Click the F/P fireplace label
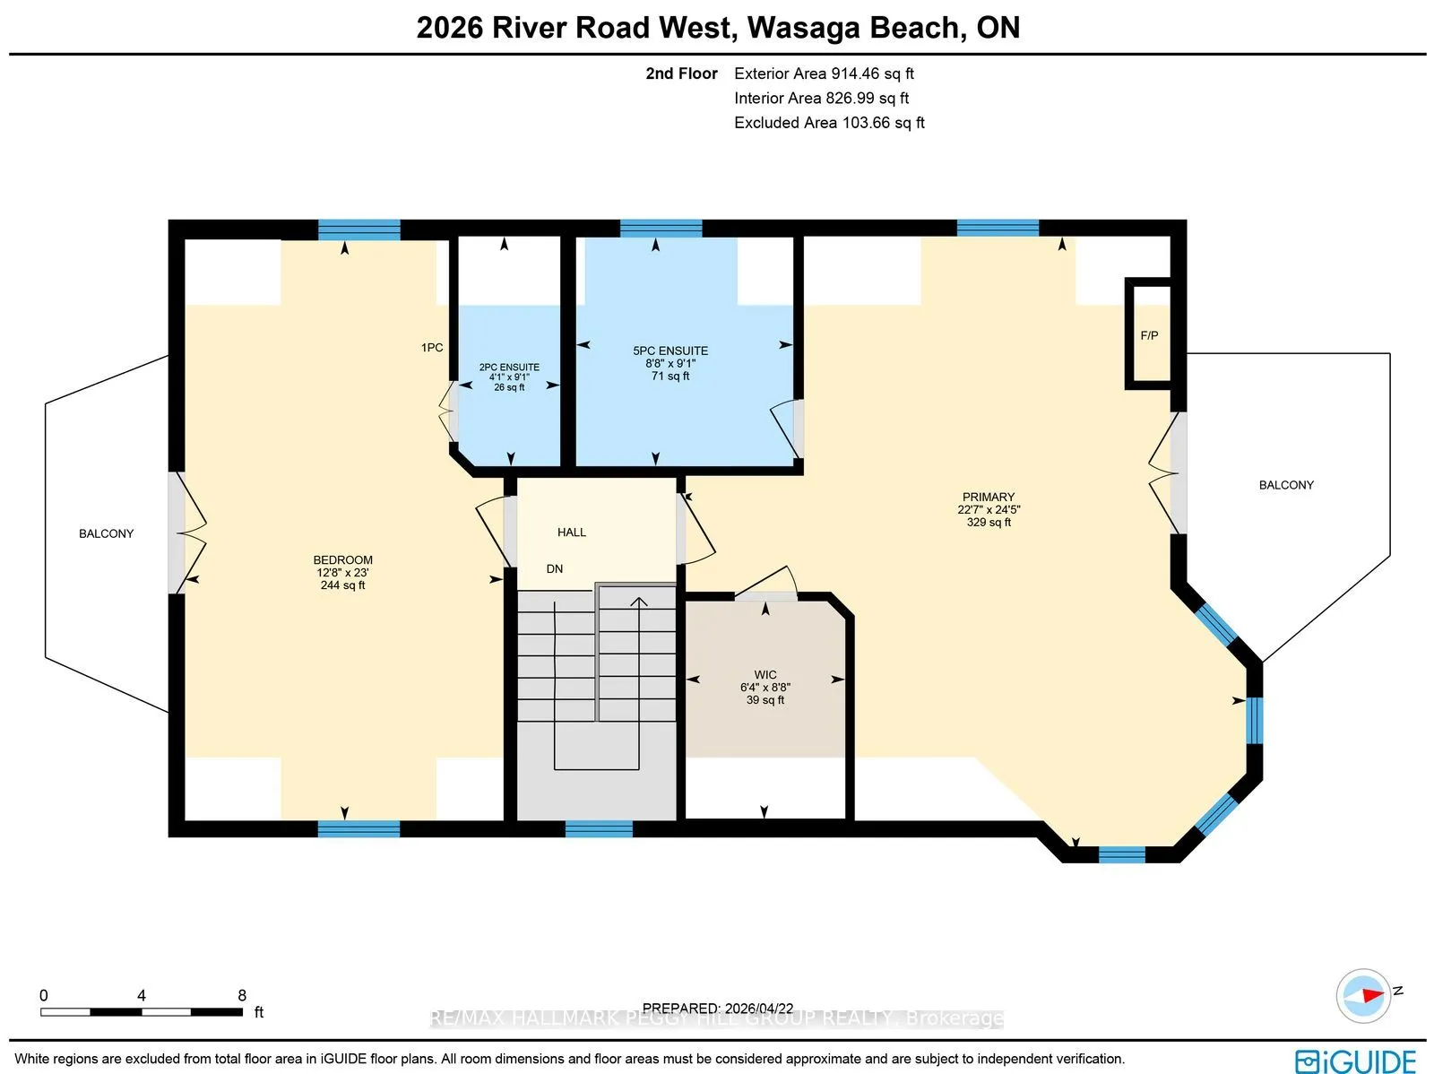tap(1149, 336)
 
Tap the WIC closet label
tap(765, 675)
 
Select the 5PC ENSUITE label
tap(670, 351)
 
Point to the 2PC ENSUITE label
tap(509, 368)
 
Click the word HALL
tap(572, 533)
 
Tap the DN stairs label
tap(555, 569)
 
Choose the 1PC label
tap(432, 348)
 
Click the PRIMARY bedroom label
tap(989, 498)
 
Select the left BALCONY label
tap(106, 533)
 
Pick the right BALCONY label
tap(1286, 485)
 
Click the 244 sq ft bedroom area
tap(343, 585)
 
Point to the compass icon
tap(1363, 996)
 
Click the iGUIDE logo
tap(1355, 1061)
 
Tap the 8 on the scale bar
tap(242, 995)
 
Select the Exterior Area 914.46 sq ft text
tap(824, 74)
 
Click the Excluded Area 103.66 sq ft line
tap(829, 123)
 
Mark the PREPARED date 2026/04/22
tap(718, 1008)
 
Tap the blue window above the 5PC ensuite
tap(661, 229)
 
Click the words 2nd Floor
tap(681, 74)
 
